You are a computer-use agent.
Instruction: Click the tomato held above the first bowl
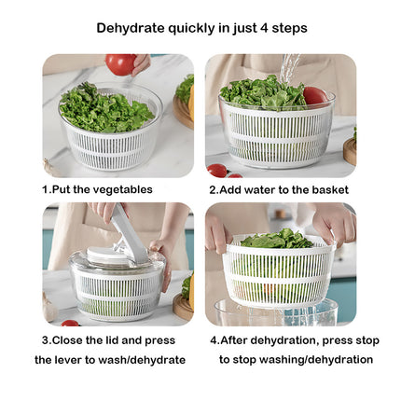click(x=119, y=63)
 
